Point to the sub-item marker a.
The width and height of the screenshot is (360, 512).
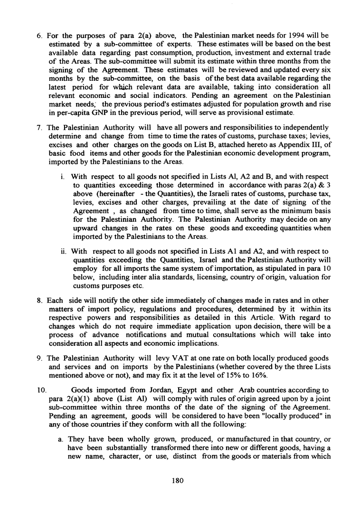click(x=61, y=428)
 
